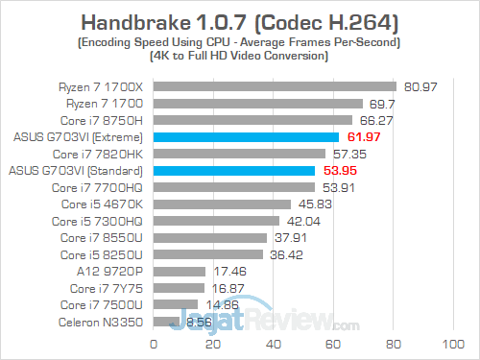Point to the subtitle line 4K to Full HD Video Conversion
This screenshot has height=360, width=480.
coord(239,57)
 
